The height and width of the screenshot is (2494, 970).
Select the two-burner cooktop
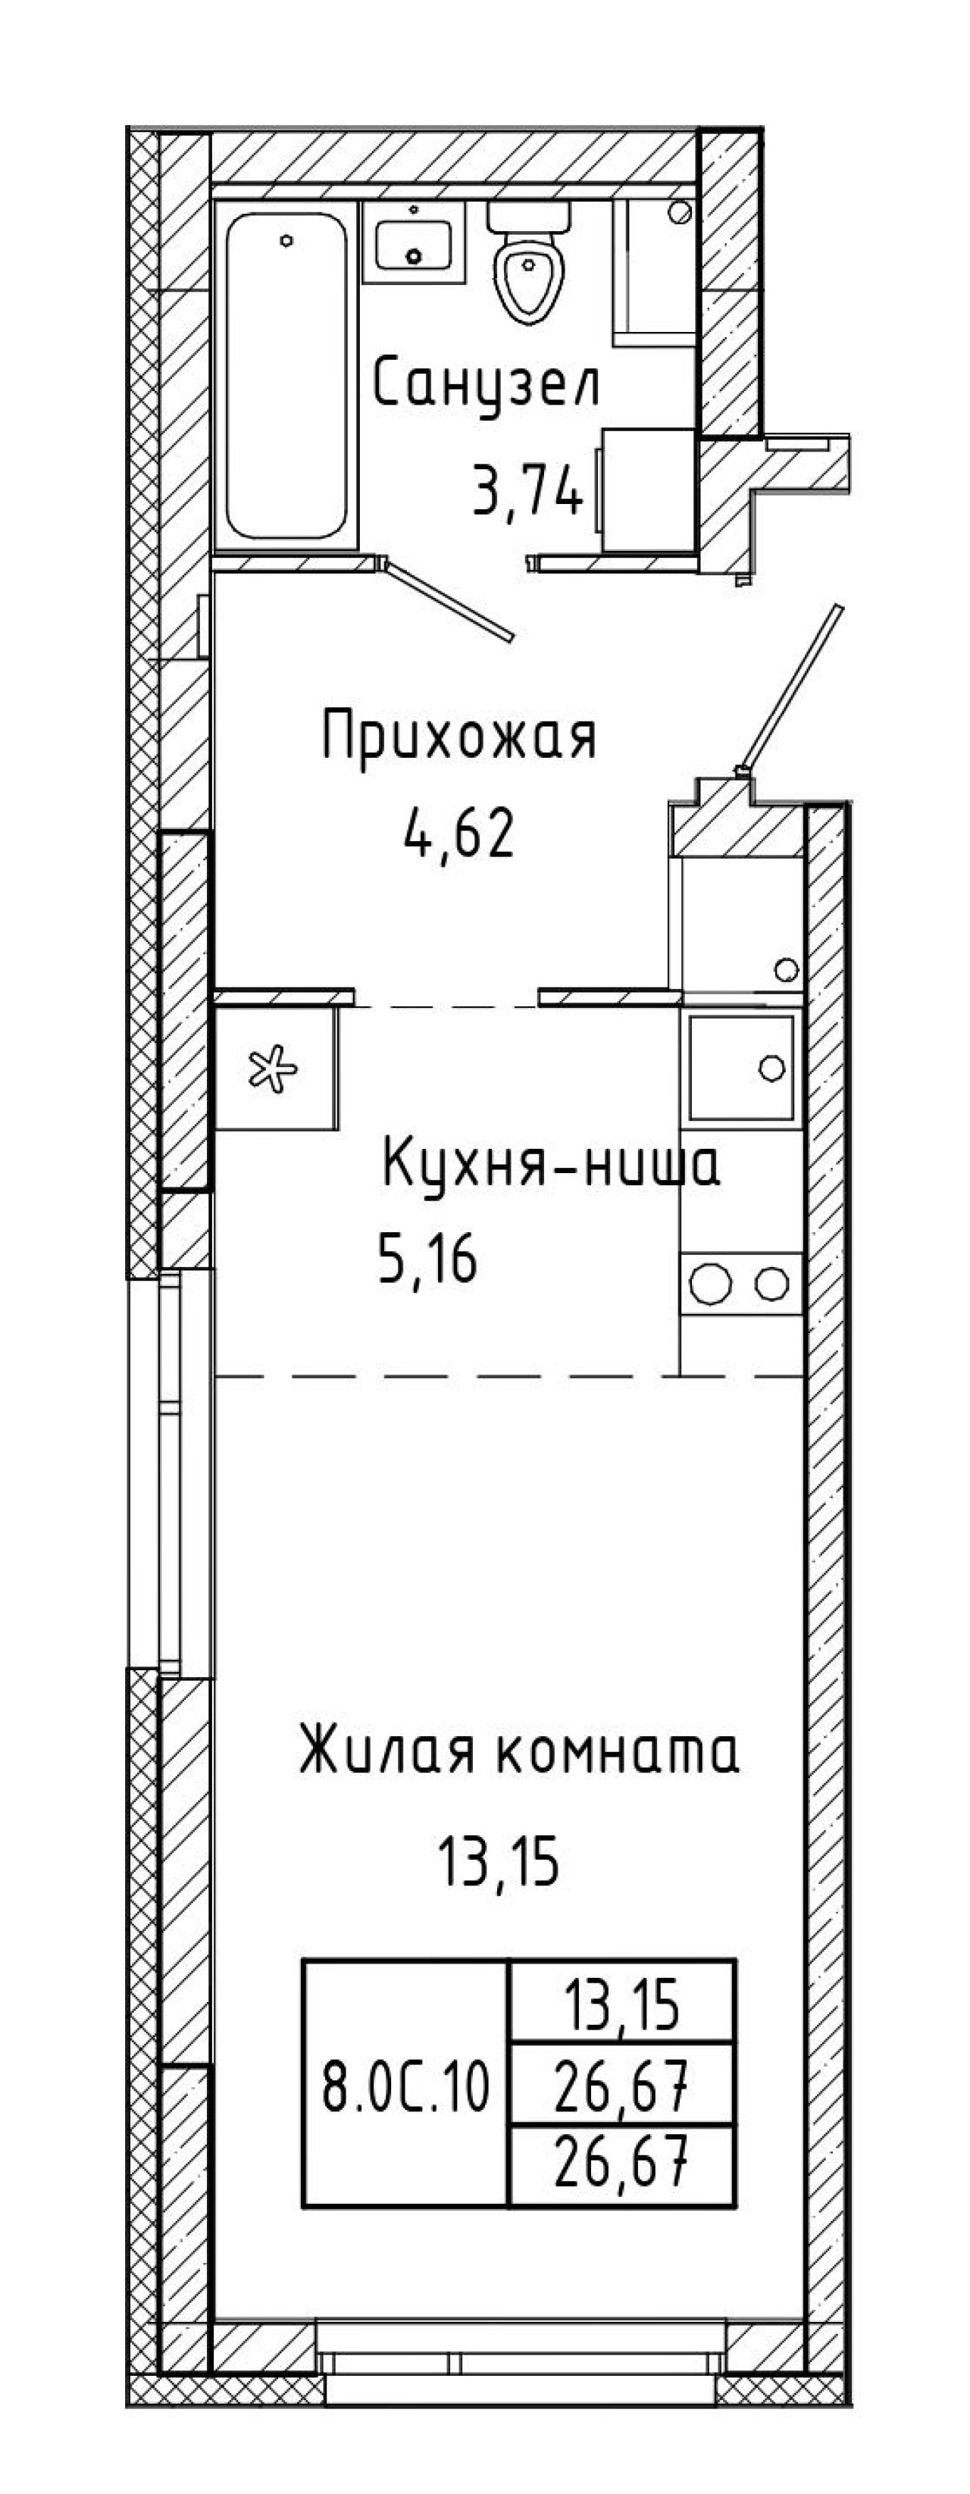(x=743, y=1285)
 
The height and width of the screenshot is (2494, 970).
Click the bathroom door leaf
(x=448, y=599)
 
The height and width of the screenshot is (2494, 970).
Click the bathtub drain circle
(x=286, y=240)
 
